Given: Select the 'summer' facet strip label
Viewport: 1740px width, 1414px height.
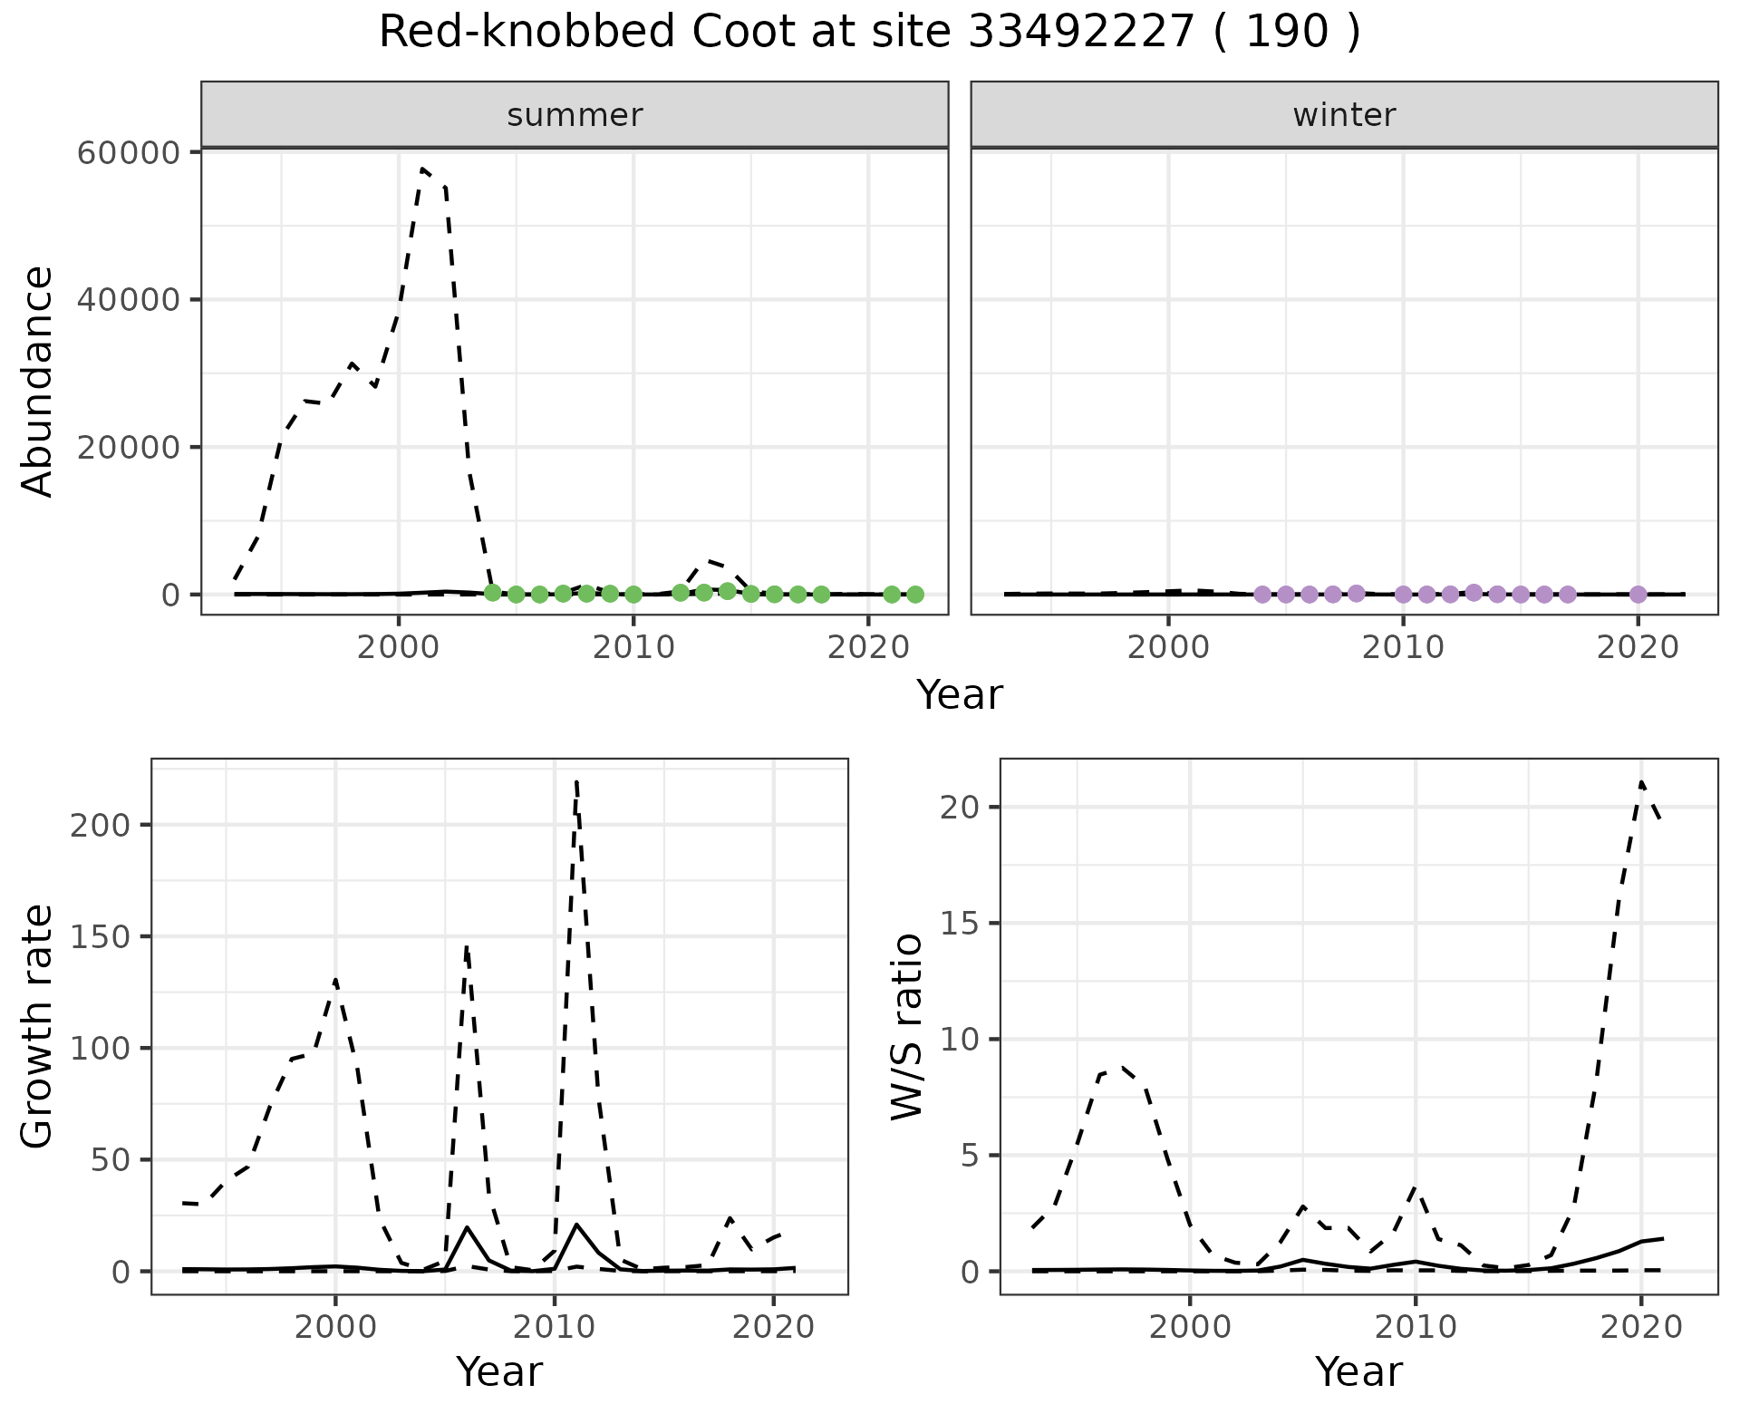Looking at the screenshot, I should [575, 115].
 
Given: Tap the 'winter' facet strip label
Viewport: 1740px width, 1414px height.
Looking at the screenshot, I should [1344, 115].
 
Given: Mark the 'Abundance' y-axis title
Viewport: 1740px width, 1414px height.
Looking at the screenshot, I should [38, 382].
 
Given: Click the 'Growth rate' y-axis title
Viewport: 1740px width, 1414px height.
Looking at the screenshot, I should [38, 1026].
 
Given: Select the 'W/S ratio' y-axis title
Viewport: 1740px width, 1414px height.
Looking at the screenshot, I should [906, 1026].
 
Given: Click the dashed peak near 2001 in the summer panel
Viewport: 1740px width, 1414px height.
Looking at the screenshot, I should [422, 169].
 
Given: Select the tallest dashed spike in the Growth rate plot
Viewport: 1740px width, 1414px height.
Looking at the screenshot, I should [576, 781].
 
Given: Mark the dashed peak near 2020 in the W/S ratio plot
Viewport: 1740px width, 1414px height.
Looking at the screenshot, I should [1641, 782].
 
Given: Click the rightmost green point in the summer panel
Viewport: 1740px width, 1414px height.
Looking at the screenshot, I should [915, 595].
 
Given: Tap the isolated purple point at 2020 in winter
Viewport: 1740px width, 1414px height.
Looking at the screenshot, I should [1638, 595].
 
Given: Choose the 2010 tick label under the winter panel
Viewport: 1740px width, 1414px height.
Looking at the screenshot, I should [1403, 648].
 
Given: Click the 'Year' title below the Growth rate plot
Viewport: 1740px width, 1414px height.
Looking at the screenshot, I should [499, 1371].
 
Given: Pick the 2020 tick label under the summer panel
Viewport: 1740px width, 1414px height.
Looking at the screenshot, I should [868, 648].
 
